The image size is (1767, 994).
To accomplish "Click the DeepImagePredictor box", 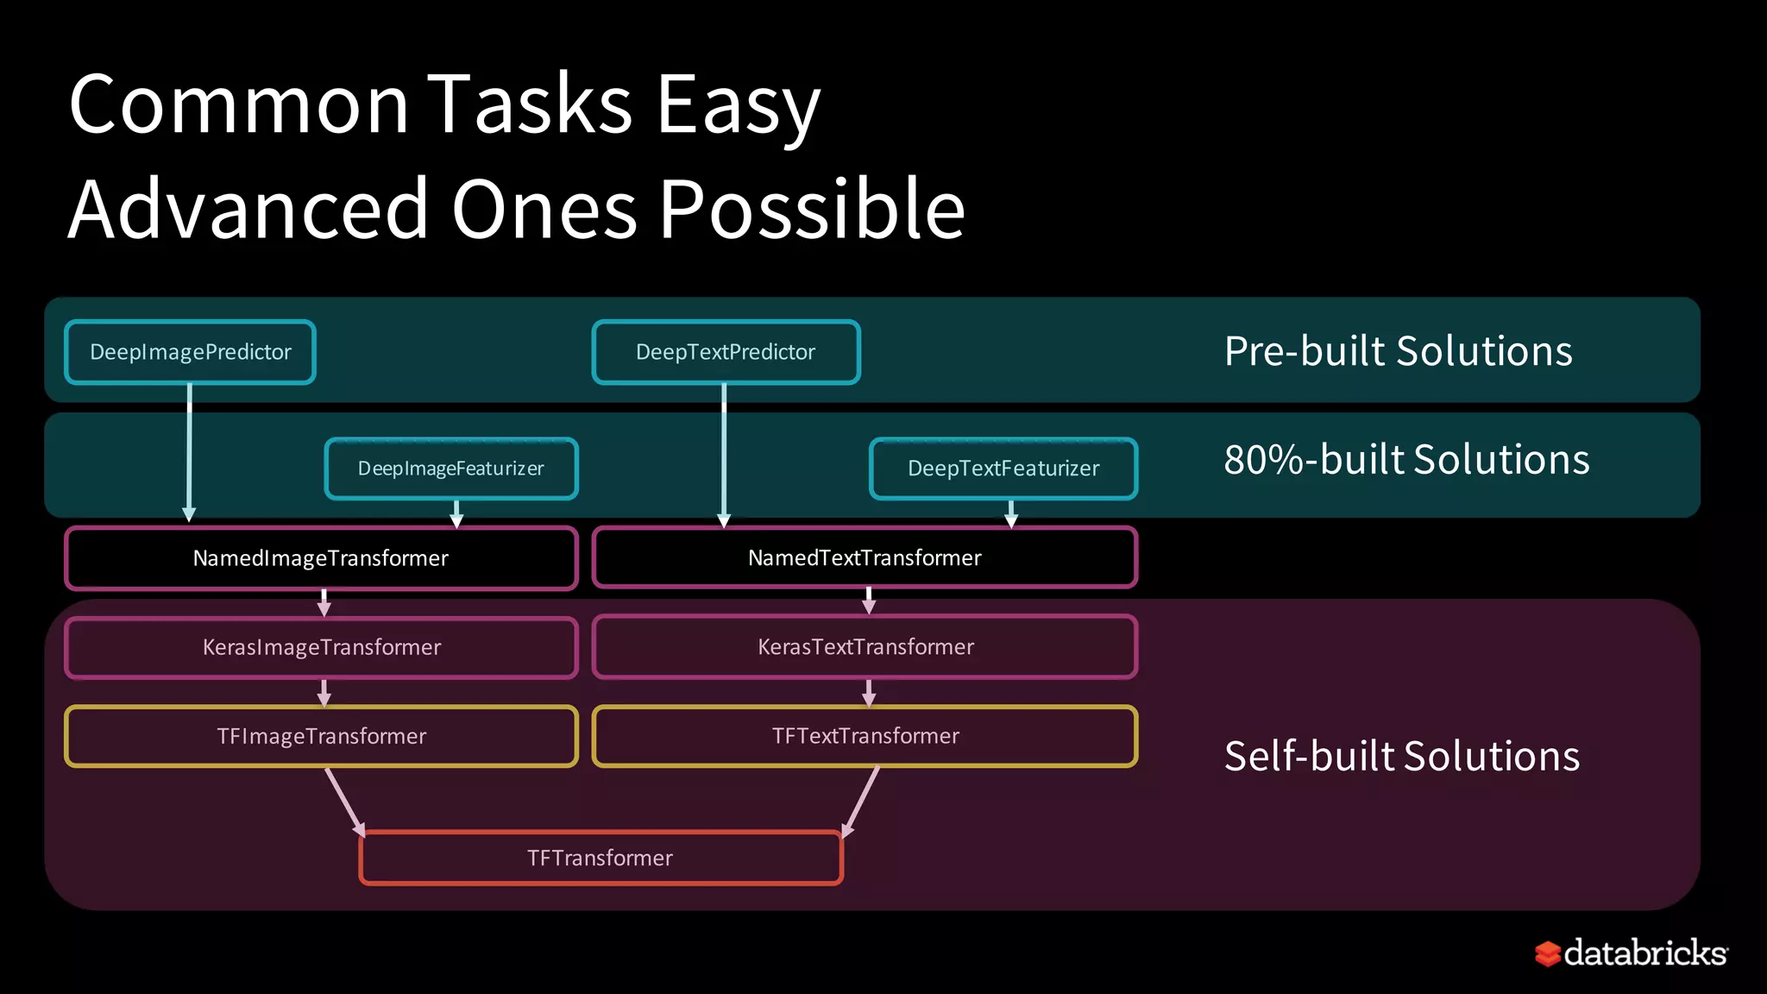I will tap(190, 352).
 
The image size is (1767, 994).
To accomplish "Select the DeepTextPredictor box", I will tap(726, 352).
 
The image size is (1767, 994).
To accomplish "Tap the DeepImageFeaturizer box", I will tap(451, 469).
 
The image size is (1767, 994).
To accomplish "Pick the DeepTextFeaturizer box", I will tap(1003, 469).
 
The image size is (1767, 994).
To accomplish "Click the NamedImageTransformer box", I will tap(321, 558).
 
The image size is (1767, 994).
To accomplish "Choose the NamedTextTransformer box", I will tap(865, 558).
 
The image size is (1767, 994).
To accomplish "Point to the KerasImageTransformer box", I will tap(321, 647).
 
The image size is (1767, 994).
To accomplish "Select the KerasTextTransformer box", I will tap(865, 647).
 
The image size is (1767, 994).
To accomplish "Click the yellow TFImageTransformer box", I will tap(321, 736).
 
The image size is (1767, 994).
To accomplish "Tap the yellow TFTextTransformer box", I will tap(865, 736).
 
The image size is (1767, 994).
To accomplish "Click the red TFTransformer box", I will tap(601, 858).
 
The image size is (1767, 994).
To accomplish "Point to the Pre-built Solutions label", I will tap(1398, 351).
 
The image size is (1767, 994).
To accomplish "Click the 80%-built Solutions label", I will tap(1406, 460).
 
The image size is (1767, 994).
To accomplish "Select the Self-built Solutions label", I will tap(1402, 756).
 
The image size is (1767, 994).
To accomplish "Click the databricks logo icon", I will tap(1548, 953).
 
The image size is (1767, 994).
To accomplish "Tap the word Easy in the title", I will tap(738, 105).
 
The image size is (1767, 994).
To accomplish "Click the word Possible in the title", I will tap(811, 210).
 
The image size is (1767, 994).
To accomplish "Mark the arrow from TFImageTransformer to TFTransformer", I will tap(345, 802).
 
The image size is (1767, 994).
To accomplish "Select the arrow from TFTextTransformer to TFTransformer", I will tap(861, 802).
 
